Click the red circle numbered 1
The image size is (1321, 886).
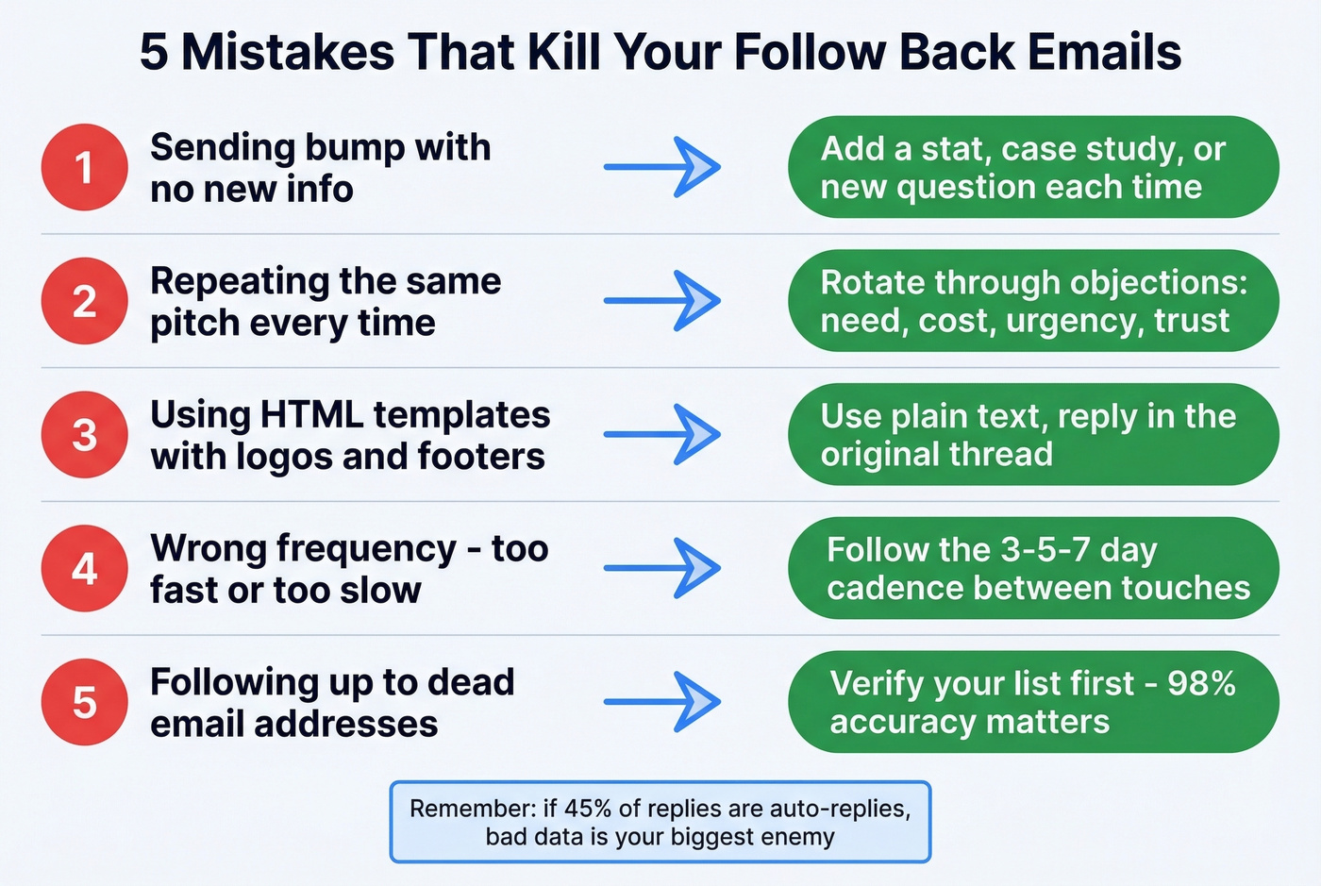coord(84,167)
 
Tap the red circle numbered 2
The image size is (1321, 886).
coord(84,301)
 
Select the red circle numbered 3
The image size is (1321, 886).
coord(84,435)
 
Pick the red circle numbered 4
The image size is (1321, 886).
coord(84,568)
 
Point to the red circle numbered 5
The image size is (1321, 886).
coord(84,702)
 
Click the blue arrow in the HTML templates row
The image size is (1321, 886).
coord(662,435)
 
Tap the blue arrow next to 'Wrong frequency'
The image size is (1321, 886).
coord(662,568)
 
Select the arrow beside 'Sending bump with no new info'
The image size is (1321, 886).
coord(662,167)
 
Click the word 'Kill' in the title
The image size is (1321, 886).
coord(562,52)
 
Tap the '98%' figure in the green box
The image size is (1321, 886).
coord(1201,683)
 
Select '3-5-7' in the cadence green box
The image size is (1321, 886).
coord(1031,549)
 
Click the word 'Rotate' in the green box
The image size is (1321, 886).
coord(872,282)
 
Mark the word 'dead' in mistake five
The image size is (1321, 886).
coord(471,682)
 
